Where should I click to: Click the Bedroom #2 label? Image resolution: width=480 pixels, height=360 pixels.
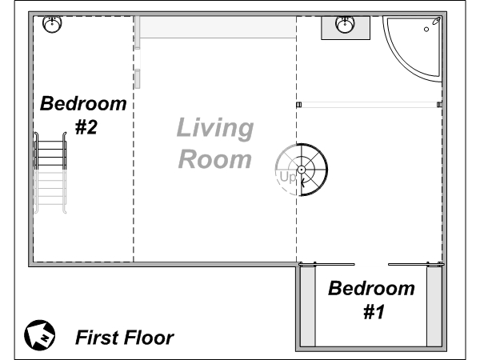coord(83,114)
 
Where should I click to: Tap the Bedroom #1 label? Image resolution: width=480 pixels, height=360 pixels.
coord(372,300)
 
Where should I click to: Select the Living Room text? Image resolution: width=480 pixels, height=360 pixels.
coord(215,143)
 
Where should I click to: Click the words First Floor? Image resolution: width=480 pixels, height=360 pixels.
coord(125,338)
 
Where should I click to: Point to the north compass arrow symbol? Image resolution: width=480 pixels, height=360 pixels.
coord(40,335)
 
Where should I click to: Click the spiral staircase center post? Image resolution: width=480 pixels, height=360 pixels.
coord(302,170)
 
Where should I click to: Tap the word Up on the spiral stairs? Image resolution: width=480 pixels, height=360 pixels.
coord(288,178)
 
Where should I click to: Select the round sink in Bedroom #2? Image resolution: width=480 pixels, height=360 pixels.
coord(52,24)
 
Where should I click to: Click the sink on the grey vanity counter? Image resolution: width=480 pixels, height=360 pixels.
coord(346,24)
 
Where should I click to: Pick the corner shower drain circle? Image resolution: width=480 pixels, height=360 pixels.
coord(426,30)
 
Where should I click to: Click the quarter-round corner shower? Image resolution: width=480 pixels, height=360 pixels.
coord(413,49)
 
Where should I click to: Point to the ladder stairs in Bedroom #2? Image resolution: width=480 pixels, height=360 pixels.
coord(50,173)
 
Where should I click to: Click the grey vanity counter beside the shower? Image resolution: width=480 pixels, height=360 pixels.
coord(346,28)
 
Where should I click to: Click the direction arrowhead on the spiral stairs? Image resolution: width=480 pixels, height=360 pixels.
coord(302,183)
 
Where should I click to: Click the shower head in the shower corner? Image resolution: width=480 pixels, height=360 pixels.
coord(436,21)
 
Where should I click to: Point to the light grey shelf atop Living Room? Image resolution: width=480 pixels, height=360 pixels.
coord(218,27)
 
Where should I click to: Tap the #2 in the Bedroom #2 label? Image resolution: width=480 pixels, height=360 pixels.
coord(86,127)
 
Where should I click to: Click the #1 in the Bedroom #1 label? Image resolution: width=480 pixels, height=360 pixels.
coord(374,312)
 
